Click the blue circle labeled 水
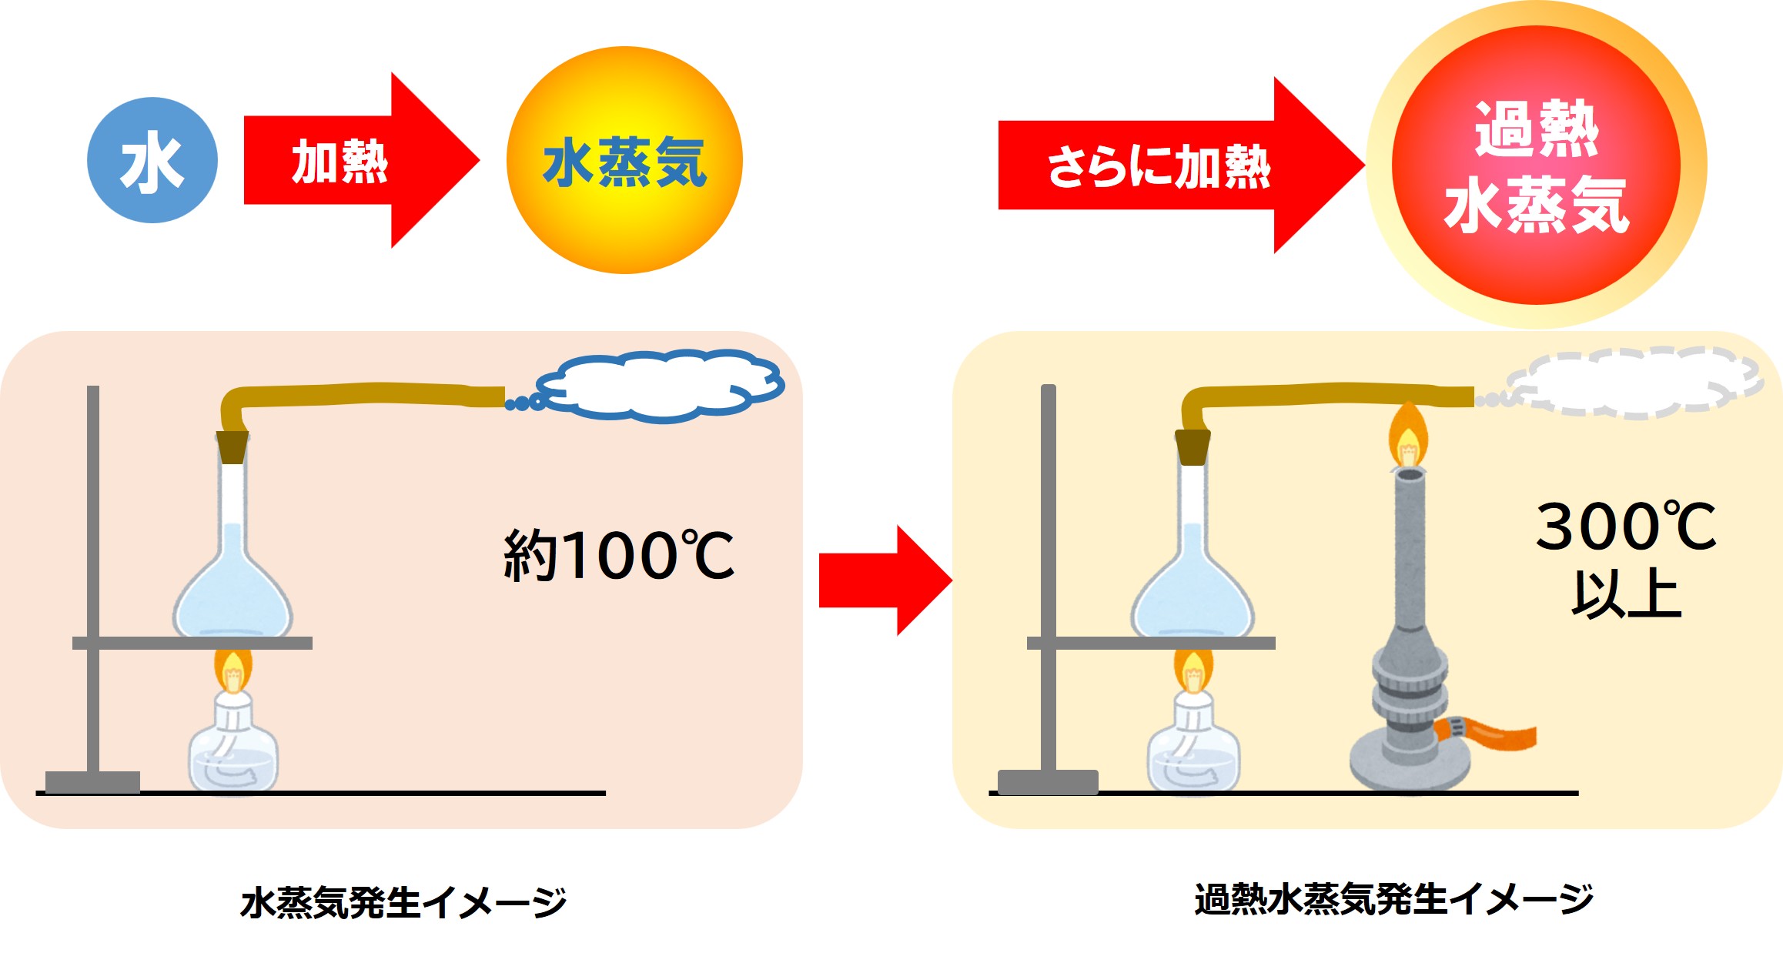pyautogui.click(x=152, y=160)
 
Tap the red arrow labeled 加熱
pyautogui.click(x=346, y=162)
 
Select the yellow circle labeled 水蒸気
pyautogui.click(x=624, y=160)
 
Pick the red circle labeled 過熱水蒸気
pyautogui.click(x=1536, y=165)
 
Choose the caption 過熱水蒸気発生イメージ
pyautogui.click(x=1393, y=899)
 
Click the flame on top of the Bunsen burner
pyautogui.click(x=1408, y=439)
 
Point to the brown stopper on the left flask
pyautogui.click(x=232, y=446)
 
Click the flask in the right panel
pyautogui.click(x=1193, y=585)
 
